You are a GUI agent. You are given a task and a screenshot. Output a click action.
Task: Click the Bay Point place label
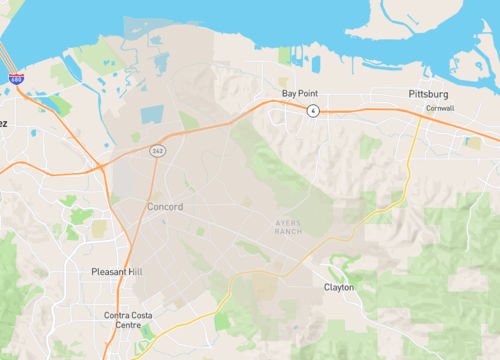tap(300, 93)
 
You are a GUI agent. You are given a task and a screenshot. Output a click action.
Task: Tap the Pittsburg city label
tap(429, 93)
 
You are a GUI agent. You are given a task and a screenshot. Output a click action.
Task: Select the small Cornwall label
tap(439, 108)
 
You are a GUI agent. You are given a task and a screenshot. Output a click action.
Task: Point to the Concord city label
tap(165, 206)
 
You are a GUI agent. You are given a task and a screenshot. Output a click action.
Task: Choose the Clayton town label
tap(339, 287)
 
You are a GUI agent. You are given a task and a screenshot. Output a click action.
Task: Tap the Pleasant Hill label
tap(117, 272)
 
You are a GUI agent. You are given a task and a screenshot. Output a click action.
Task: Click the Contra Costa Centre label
tap(128, 320)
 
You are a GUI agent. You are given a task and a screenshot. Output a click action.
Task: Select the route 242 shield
tap(158, 150)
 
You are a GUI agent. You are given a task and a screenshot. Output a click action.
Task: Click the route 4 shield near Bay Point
tap(313, 110)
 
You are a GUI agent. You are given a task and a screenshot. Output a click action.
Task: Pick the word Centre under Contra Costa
tap(128, 326)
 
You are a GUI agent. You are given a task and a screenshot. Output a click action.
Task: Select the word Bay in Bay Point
tap(289, 93)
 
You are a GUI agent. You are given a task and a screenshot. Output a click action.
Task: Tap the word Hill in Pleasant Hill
tap(136, 272)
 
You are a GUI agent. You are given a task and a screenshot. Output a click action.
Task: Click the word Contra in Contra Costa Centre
tap(116, 315)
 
